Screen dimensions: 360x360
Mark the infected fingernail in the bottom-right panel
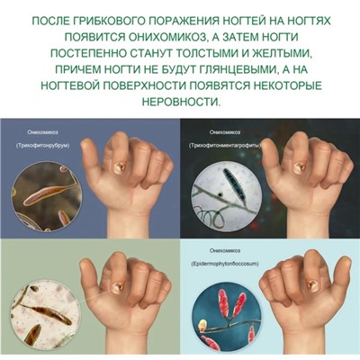click(x=311, y=285)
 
